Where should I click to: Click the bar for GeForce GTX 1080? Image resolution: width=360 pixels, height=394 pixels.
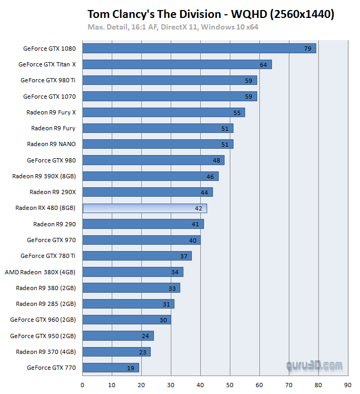coord(199,49)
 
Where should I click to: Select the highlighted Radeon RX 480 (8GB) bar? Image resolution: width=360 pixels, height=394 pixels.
coord(144,208)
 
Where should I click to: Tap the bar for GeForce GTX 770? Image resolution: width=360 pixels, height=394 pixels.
coord(111,368)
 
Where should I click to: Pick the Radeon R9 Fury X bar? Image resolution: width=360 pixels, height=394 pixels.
coord(163,112)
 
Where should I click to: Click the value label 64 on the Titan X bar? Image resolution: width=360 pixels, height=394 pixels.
coord(264,64)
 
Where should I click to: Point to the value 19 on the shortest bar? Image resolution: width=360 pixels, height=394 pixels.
coord(131,368)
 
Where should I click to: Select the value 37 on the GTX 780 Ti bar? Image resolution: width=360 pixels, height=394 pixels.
coord(183,256)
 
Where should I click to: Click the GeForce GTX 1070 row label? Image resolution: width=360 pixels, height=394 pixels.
coord(50,97)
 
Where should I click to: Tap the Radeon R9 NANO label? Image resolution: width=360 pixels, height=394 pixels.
coord(51,144)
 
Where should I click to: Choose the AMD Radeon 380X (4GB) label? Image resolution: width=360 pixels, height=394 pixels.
coord(40,272)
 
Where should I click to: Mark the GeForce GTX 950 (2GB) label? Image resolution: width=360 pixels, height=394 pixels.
coord(43,335)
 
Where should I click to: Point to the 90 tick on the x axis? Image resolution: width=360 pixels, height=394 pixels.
coord(347,385)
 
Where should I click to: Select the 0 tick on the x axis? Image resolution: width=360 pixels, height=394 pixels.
coord(83,385)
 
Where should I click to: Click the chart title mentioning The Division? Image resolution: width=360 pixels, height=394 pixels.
coord(210,14)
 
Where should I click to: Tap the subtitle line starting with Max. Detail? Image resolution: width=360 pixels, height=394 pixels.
coord(173,27)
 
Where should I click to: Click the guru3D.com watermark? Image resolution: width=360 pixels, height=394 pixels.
coord(314,365)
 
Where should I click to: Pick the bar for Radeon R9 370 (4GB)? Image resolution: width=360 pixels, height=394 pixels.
coord(116,352)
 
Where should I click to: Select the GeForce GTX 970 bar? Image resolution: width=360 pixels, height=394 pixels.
coord(141,241)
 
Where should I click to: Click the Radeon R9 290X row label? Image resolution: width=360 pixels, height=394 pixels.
coord(53,192)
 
